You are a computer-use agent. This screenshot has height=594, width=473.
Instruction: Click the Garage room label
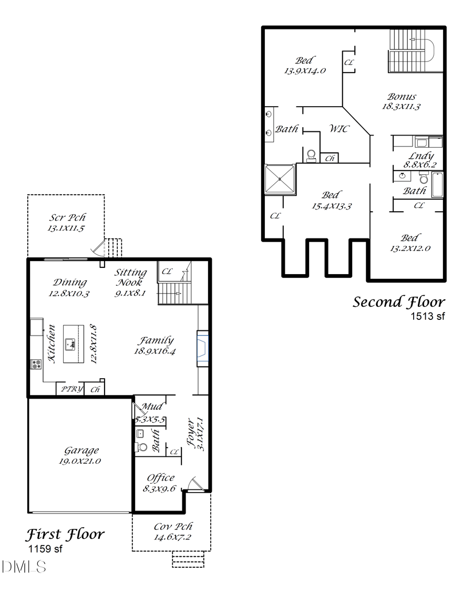point(81,451)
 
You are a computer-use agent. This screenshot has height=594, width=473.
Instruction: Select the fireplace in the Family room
point(203,348)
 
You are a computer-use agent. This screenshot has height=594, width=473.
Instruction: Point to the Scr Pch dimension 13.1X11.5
point(66,228)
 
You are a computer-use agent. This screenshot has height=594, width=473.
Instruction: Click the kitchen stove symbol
point(36,363)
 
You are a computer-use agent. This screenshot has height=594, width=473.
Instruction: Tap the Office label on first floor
point(161,478)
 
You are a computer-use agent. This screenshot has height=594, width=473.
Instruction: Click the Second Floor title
point(398,302)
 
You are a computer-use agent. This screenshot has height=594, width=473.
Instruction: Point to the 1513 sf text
point(427,316)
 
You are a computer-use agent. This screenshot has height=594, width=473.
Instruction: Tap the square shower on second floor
point(280,179)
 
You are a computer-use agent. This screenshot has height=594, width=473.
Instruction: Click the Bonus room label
point(402,97)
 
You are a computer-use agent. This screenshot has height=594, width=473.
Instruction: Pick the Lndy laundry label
point(421,156)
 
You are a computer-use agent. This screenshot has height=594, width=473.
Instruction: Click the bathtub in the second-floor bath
point(437,184)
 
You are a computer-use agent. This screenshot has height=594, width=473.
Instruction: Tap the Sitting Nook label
point(131,277)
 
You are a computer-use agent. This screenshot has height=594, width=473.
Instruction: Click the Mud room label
point(151,407)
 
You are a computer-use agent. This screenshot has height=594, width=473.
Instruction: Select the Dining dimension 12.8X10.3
point(69,294)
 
